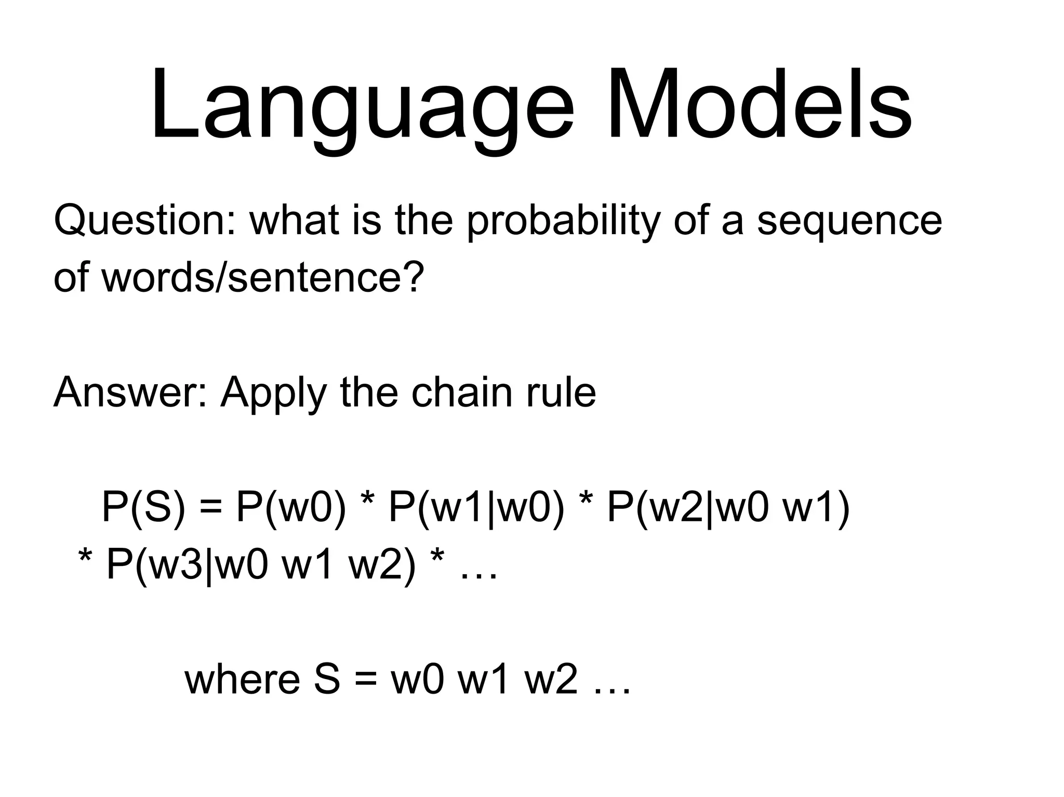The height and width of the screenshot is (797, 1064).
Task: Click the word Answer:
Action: click(x=130, y=393)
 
